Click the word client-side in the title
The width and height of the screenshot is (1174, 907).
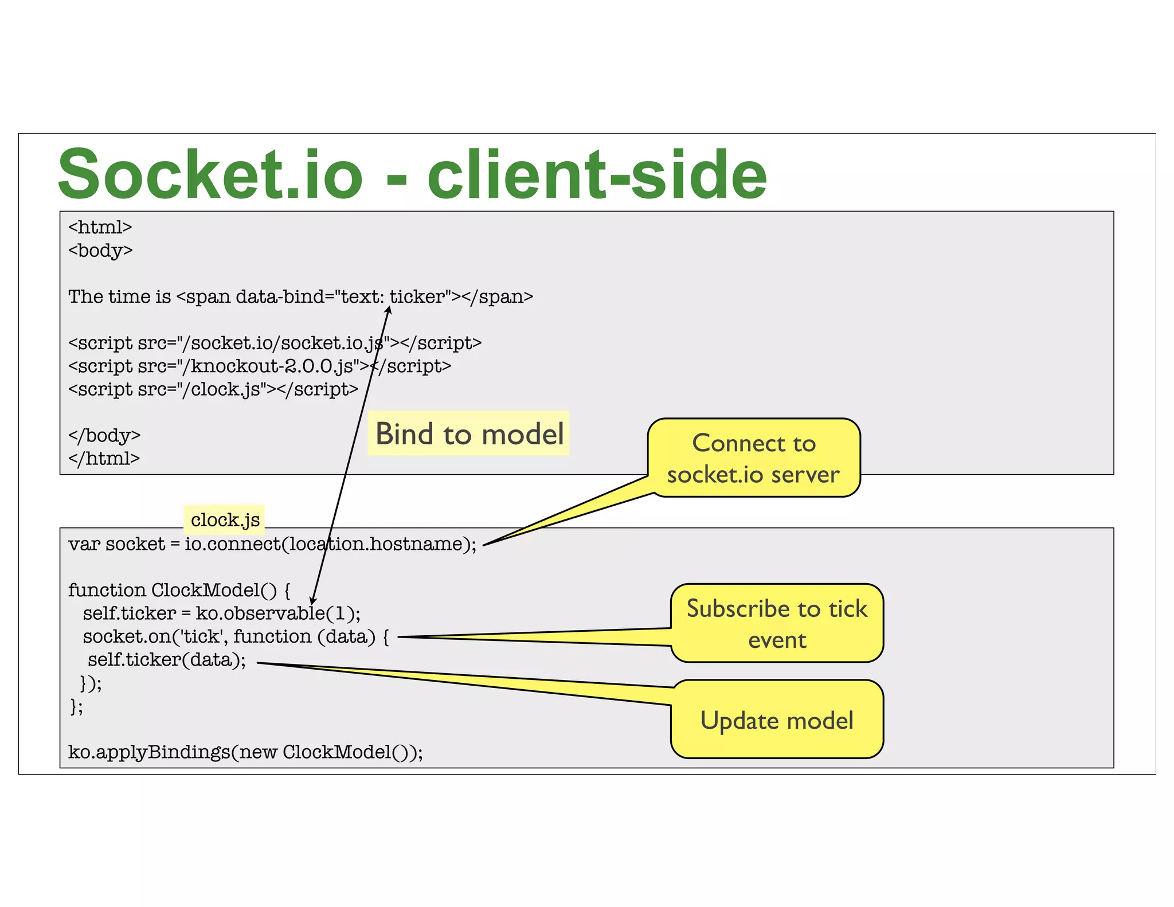click(x=597, y=174)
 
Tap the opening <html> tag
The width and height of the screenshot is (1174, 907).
click(x=100, y=228)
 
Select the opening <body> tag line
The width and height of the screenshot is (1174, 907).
click(x=100, y=251)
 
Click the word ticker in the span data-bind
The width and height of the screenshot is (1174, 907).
click(x=417, y=296)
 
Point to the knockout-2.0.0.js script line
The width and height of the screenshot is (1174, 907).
click(x=259, y=366)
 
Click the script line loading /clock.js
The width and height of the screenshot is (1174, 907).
click(x=213, y=389)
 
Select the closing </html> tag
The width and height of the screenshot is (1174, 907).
click(x=104, y=459)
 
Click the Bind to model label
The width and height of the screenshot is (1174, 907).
click(x=469, y=433)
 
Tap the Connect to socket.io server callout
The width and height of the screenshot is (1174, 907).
click(x=753, y=458)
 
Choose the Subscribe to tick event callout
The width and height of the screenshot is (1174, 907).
click(x=777, y=623)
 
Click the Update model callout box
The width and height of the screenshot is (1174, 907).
click(x=777, y=720)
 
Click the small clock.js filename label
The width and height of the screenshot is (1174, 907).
click(x=225, y=519)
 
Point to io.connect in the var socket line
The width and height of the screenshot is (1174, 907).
click(x=232, y=544)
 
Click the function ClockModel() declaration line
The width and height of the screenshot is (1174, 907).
click(x=179, y=590)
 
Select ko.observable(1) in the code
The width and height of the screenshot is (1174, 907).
click(x=277, y=613)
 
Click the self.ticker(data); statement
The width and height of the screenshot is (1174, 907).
click(x=166, y=660)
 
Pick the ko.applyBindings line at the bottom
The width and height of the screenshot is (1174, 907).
click(x=245, y=752)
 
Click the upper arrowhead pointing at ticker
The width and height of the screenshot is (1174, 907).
click(x=389, y=310)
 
